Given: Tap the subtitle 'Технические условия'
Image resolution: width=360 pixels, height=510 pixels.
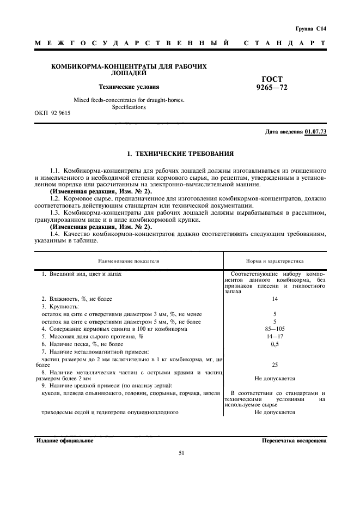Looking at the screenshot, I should pyautogui.click(x=129, y=86).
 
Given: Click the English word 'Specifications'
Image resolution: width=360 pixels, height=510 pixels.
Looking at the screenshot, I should pyautogui.click(x=129, y=107).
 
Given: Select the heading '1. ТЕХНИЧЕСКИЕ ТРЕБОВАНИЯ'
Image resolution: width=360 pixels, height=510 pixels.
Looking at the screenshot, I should pyautogui.click(x=180, y=154).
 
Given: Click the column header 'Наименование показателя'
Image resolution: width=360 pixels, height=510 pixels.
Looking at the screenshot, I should pyautogui.click(x=129, y=261).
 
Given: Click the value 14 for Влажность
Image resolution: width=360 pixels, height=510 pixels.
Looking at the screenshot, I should pyautogui.click(x=274, y=299).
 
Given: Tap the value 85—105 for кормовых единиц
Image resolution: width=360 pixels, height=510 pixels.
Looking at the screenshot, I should pyautogui.click(x=274, y=329).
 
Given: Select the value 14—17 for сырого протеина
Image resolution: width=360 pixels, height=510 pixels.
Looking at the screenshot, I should pyautogui.click(x=274, y=337).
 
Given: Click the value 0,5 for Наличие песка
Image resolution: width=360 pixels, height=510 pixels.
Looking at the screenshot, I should pyautogui.click(x=274, y=344).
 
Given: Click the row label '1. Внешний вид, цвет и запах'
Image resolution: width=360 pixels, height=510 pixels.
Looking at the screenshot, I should pyautogui.click(x=82, y=273).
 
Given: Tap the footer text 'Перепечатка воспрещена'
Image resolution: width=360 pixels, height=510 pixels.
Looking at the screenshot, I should pyautogui.click(x=294, y=440).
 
